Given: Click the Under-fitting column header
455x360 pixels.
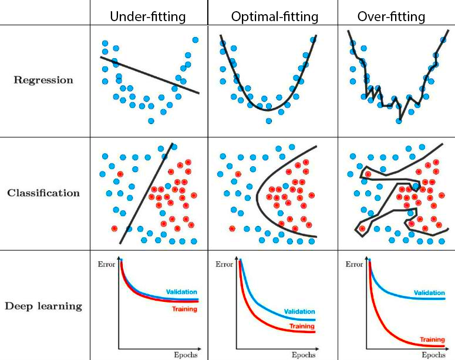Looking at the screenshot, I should [148, 16].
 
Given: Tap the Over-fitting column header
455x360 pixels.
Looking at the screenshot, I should [392, 16].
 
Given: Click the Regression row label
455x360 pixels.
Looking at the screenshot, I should [44, 80].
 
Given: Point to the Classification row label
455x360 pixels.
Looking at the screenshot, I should [43, 193].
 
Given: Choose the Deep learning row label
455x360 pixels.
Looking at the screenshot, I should [43, 306].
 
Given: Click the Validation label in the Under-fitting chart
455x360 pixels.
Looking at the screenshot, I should [181, 292].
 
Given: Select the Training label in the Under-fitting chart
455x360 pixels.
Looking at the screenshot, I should [184, 309].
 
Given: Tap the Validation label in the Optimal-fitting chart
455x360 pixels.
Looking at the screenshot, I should [299, 312].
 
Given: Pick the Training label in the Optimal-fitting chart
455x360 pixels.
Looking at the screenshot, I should [302, 327].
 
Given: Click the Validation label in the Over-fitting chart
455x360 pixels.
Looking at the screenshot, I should [429, 292].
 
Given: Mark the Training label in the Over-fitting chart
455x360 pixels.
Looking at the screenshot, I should [432, 339].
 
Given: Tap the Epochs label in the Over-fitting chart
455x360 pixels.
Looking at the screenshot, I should [433, 354].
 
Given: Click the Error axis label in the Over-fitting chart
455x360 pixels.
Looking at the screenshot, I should [354, 264].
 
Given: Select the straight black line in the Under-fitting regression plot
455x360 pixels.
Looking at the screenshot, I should [150, 75].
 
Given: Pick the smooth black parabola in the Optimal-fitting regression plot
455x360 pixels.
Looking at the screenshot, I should [268, 109].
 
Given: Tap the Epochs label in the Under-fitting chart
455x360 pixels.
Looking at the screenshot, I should [185, 354].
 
